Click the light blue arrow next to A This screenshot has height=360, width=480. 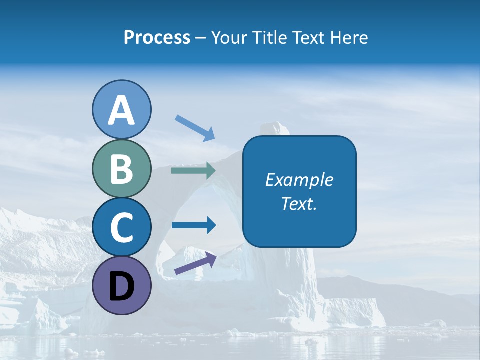pyautogui.click(x=195, y=127)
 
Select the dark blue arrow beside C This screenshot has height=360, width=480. pyautogui.click(x=193, y=225)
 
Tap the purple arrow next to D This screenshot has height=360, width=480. pyautogui.click(x=195, y=263)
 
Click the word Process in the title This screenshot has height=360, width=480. pyautogui.click(x=157, y=37)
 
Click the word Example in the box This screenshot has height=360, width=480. pyautogui.click(x=299, y=180)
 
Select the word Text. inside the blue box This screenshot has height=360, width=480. pyautogui.click(x=299, y=204)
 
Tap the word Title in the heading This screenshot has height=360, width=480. pyautogui.click(x=269, y=37)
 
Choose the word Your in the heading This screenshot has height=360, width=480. pyautogui.click(x=230, y=37)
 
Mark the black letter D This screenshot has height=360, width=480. pyautogui.click(x=121, y=287)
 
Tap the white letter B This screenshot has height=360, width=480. pyautogui.click(x=121, y=169)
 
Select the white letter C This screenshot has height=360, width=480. pyautogui.click(x=121, y=228)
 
